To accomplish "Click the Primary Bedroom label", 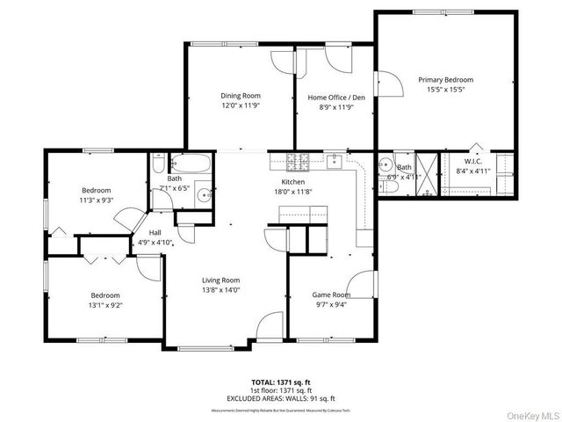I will pos(445,79).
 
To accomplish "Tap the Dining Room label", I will pos(240,96).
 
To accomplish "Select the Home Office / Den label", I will pos(329,97).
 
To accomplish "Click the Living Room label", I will pos(220,280).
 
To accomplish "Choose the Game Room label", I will pos(331,295).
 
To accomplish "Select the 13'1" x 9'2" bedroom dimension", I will pos(104,305).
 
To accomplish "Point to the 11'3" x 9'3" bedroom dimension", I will pos(97,200).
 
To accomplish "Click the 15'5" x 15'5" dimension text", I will pos(445,89).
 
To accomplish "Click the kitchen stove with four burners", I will pos(299,161).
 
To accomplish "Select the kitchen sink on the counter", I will pos(335,161).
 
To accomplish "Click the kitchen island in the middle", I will pos(304,216).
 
